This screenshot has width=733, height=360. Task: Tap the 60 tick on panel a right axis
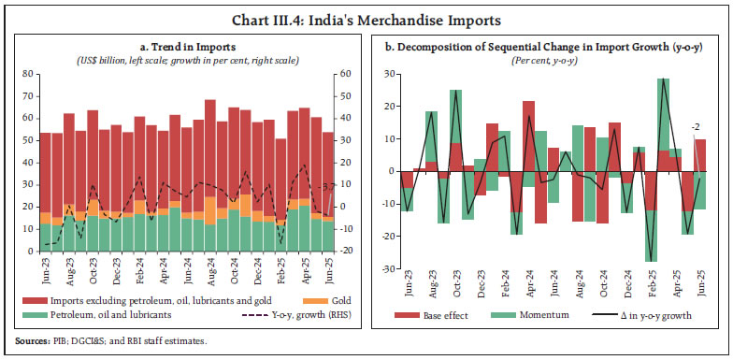click(x=344, y=73)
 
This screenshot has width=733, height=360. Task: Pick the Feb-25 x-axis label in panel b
click(x=649, y=287)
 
